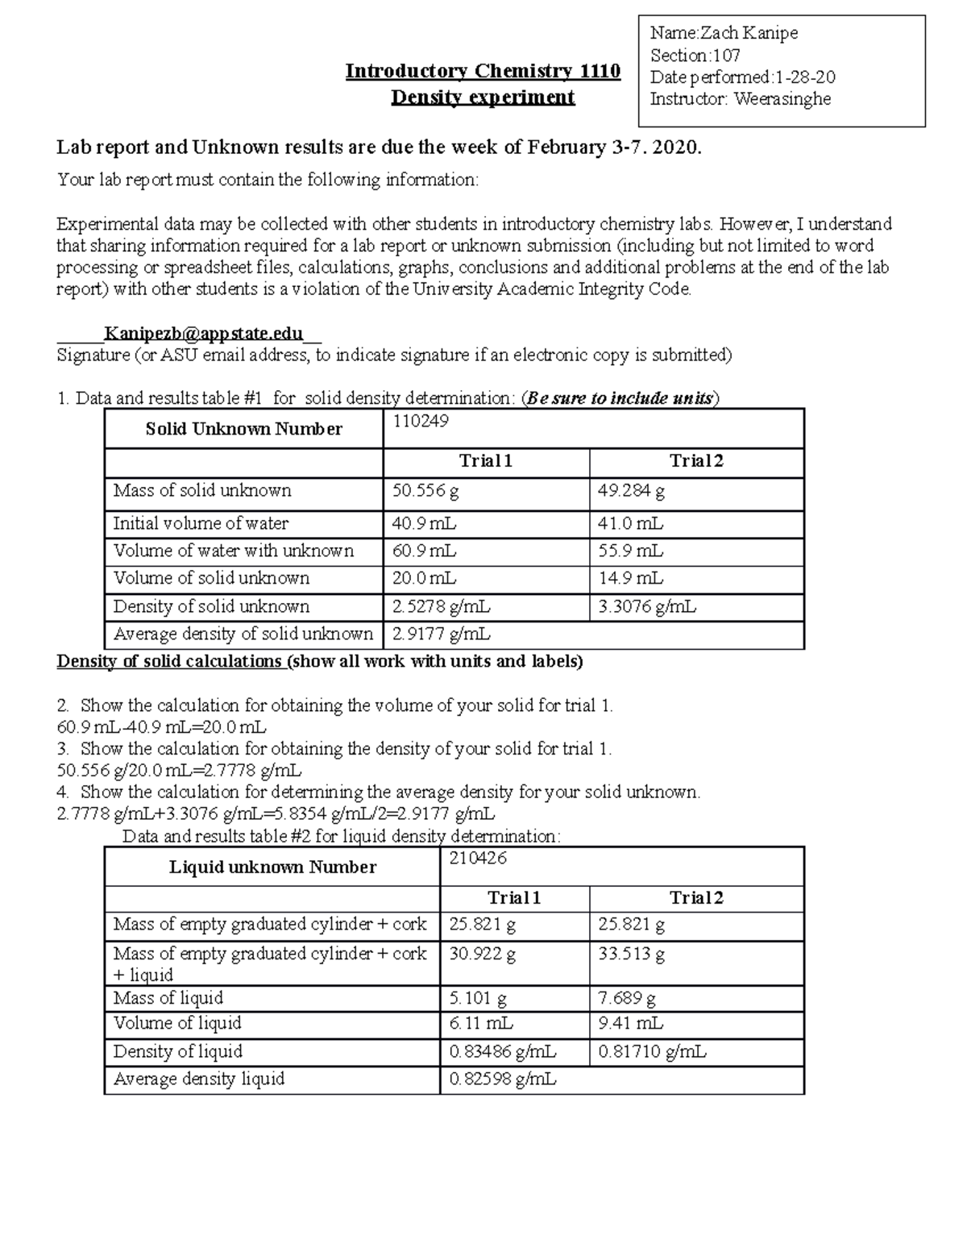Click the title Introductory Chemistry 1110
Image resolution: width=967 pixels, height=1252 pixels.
click(483, 72)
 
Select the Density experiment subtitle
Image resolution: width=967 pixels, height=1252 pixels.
click(483, 98)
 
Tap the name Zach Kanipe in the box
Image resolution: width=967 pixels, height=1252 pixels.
click(748, 33)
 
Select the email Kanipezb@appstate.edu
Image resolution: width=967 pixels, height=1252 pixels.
click(204, 334)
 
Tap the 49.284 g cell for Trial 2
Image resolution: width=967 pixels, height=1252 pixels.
click(631, 491)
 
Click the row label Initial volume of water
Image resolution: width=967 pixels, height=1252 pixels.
click(201, 524)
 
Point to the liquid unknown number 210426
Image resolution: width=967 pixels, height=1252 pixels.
click(478, 859)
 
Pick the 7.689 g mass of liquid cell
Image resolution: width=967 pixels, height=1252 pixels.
click(627, 999)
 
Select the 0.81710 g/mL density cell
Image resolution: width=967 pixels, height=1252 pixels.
click(652, 1052)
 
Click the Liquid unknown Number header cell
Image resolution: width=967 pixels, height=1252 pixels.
click(272, 867)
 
